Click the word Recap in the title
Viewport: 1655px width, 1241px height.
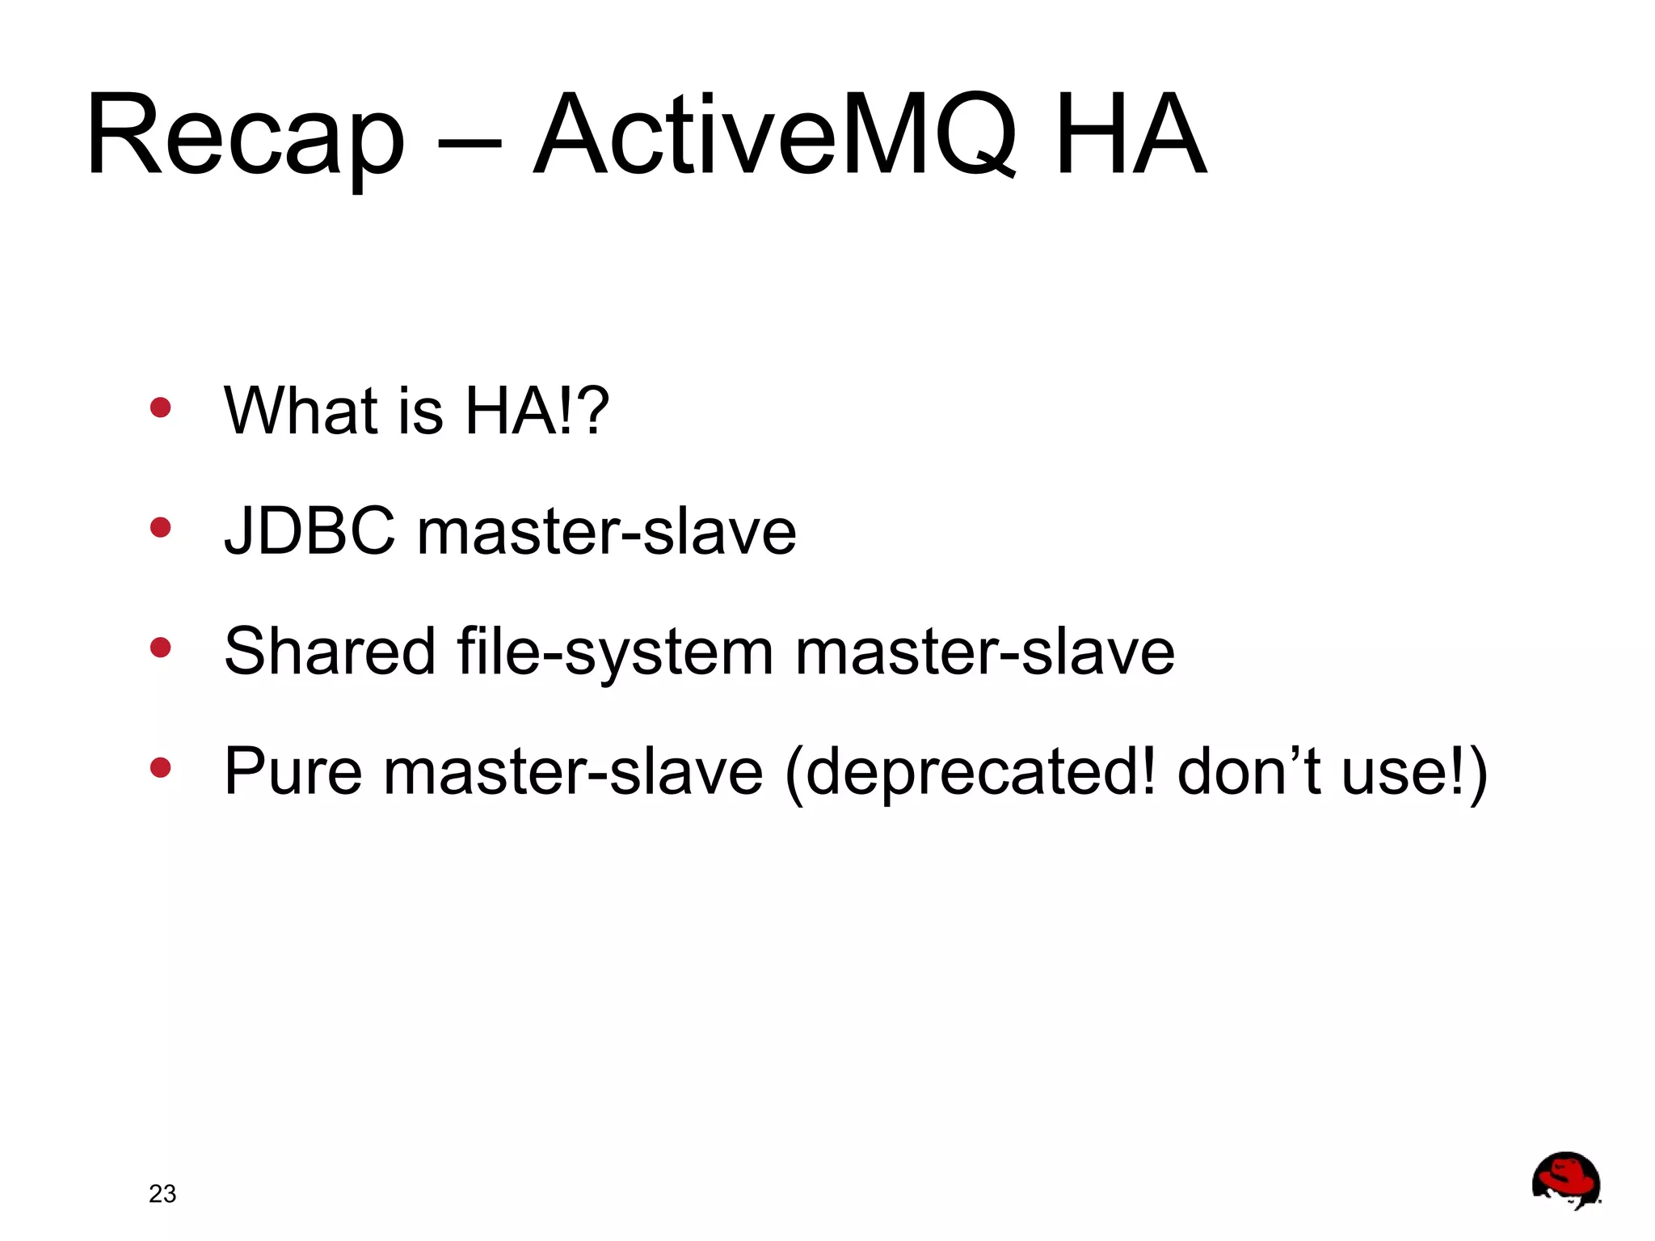(x=245, y=136)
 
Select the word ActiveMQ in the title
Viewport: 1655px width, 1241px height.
(x=774, y=136)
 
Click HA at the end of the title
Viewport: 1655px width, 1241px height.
(x=1130, y=136)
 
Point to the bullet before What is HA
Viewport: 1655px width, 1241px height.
(x=161, y=407)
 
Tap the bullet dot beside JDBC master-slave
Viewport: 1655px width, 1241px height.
(x=161, y=528)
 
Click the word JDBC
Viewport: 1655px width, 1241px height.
(x=310, y=531)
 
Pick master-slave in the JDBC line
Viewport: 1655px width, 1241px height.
(x=606, y=533)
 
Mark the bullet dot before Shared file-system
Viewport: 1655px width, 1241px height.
(x=161, y=648)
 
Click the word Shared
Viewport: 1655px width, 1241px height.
(x=330, y=652)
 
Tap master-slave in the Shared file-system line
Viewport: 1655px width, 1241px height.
(x=984, y=653)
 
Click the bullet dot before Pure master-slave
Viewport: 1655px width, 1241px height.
(x=161, y=767)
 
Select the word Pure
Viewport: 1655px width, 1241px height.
(x=293, y=772)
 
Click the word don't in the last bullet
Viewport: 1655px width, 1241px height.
(x=1249, y=772)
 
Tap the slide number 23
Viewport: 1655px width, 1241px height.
(x=162, y=1193)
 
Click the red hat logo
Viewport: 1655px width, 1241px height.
(x=1566, y=1180)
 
